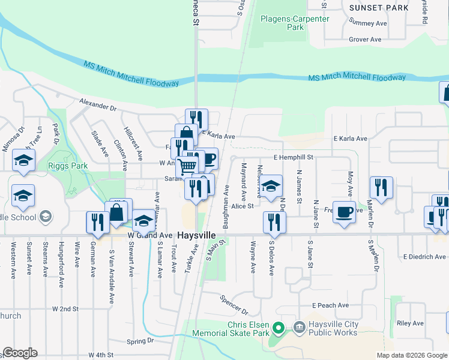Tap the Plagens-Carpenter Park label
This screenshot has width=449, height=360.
pyautogui.click(x=295, y=23)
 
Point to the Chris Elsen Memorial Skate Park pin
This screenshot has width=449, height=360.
pyautogui.click(x=277, y=328)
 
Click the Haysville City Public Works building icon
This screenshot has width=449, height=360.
pyautogui.click(x=298, y=327)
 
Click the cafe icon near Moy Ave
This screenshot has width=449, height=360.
pyautogui.click(x=344, y=212)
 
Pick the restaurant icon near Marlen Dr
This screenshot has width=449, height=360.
pyautogui.click(x=381, y=187)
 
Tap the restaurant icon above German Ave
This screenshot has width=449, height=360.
pyautogui.click(x=97, y=222)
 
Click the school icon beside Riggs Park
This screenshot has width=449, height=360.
pyautogui.click(x=23, y=160)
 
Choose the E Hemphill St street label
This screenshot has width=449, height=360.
pyautogui.click(x=294, y=157)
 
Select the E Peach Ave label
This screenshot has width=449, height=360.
pyautogui.click(x=331, y=305)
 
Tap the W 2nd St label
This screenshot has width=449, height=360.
pyautogui.click(x=65, y=309)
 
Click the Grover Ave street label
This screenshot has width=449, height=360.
pyautogui.click(x=366, y=40)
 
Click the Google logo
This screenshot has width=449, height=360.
pyautogui.click(x=20, y=353)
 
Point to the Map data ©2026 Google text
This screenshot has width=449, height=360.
pyautogui.click(x=411, y=355)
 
